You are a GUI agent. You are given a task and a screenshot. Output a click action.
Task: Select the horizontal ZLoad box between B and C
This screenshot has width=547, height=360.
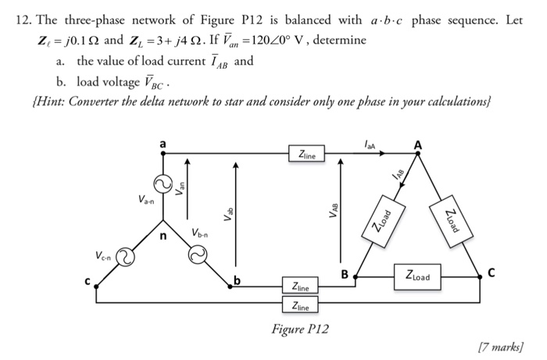point(423,275)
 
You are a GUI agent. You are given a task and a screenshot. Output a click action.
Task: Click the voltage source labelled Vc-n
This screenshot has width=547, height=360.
point(124,256)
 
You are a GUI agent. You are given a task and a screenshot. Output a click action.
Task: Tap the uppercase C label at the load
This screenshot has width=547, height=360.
point(491,273)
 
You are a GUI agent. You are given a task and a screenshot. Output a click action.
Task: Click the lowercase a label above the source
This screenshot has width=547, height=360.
point(163,144)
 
